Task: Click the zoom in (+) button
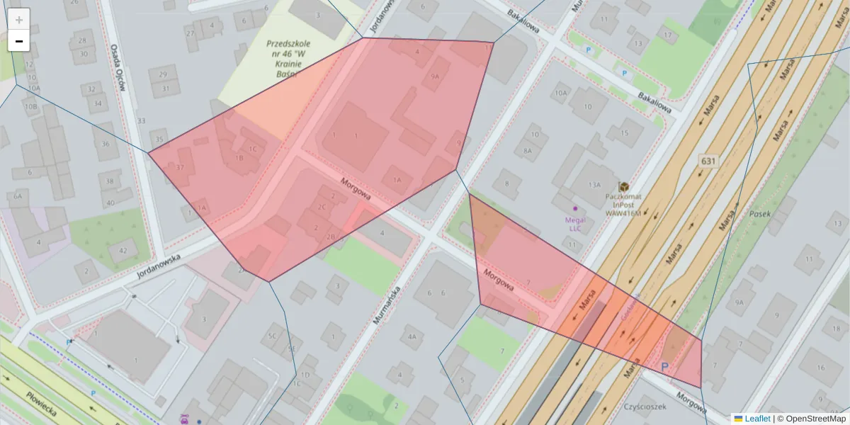pyautogui.click(x=19, y=19)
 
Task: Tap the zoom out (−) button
pyautogui.click(x=19, y=41)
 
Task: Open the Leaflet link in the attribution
pyautogui.click(x=756, y=419)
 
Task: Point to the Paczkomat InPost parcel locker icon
pyautogui.click(x=623, y=186)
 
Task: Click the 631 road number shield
pyautogui.click(x=708, y=161)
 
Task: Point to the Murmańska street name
pyautogui.click(x=387, y=305)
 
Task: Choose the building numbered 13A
pyautogui.click(x=594, y=185)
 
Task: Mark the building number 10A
pyautogui.click(x=562, y=93)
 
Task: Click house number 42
pyautogui.click(x=123, y=250)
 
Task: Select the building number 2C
pyautogui.click(x=322, y=207)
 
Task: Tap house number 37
pyautogui.click(x=180, y=168)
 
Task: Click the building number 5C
pyautogui.click(x=271, y=336)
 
